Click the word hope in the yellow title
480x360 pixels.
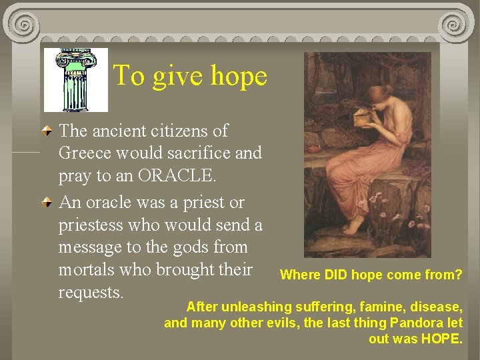pos(238,77)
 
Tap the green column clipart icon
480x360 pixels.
pos(75,80)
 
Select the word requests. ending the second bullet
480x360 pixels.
pos(91,293)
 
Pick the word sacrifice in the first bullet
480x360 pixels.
pos(197,153)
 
